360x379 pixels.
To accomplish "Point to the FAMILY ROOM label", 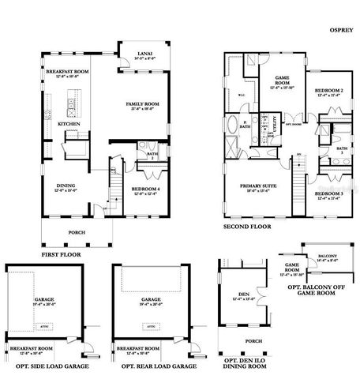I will [x=143, y=103].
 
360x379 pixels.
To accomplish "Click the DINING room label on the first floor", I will [x=65, y=186].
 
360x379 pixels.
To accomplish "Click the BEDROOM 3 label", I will [x=328, y=193].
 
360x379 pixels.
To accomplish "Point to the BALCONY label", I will [x=327, y=256].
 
